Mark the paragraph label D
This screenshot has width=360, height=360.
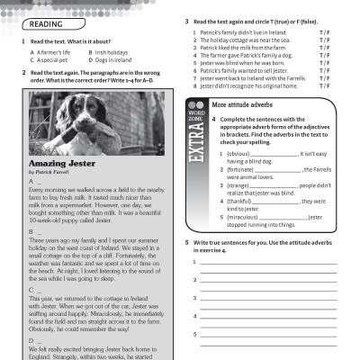click(32, 343)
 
